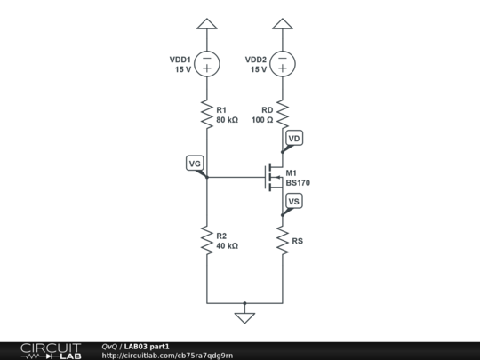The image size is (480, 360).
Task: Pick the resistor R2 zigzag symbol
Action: pyautogui.click(x=206, y=240)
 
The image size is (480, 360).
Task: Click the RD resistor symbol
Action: pyautogui.click(x=283, y=114)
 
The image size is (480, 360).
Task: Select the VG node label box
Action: pyautogui.click(x=195, y=163)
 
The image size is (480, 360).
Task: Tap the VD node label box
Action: pyautogui.click(x=294, y=139)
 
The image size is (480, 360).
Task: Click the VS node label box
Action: pyautogui.click(x=294, y=203)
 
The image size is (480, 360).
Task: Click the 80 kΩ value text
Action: pyautogui.click(x=227, y=119)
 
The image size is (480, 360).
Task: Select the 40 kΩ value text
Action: pyautogui.click(x=227, y=245)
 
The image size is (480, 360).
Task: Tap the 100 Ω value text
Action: pyautogui.click(x=262, y=119)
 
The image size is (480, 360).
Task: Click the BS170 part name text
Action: pyautogui.click(x=297, y=182)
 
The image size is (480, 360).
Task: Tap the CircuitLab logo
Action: pyautogui.click(x=51, y=349)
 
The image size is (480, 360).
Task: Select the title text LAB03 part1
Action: pyautogui.click(x=147, y=346)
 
